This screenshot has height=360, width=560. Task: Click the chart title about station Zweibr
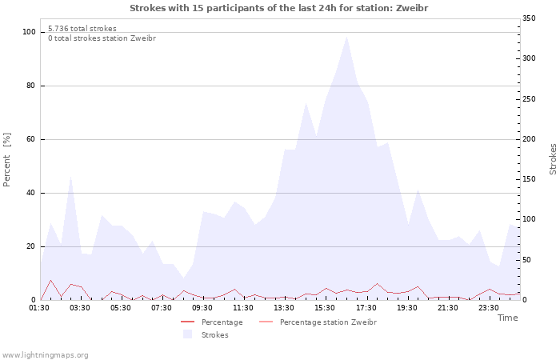[x=279, y=8]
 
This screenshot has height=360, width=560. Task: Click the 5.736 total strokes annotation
[x=82, y=29]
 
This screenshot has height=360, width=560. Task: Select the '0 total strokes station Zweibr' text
[x=102, y=38]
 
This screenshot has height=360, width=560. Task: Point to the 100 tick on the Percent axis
[x=30, y=32]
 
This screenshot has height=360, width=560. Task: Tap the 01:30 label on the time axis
[x=40, y=307]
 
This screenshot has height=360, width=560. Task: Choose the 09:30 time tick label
[x=203, y=307]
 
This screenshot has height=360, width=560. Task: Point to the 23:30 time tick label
[x=489, y=307]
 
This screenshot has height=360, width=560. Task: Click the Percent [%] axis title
[x=7, y=160]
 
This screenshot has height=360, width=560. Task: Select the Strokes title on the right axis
[x=553, y=158]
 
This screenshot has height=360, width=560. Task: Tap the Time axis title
[x=507, y=318]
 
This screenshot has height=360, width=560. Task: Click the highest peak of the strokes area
[x=346, y=37]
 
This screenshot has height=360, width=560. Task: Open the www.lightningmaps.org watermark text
[x=45, y=354]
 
